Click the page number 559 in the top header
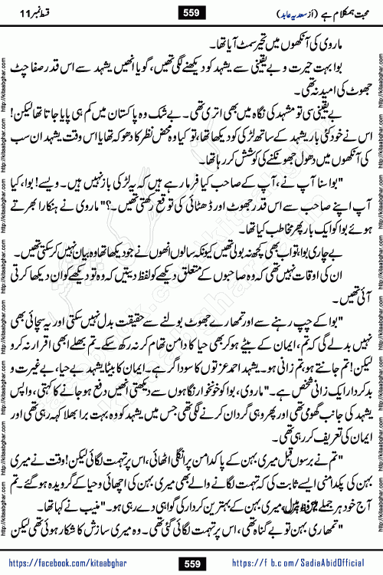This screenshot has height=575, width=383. (191, 11)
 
